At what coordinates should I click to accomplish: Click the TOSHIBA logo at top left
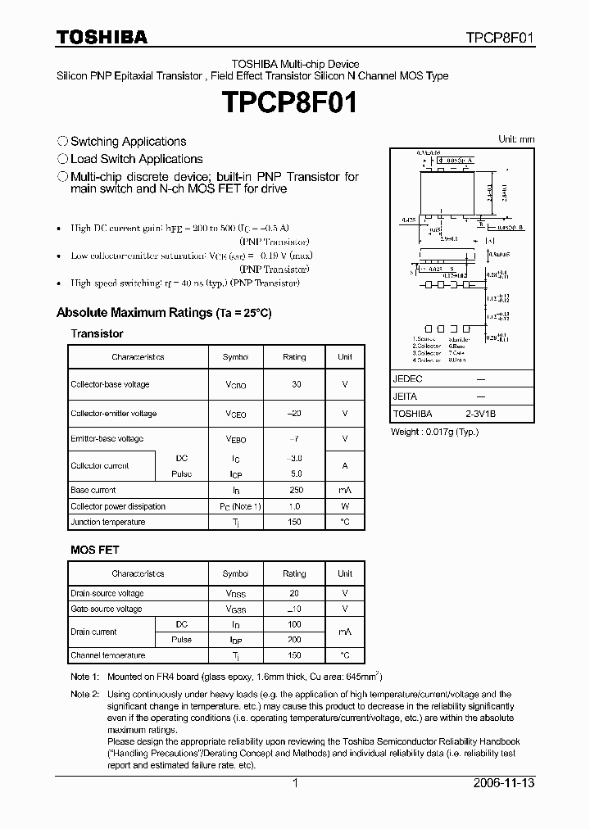[x=102, y=37]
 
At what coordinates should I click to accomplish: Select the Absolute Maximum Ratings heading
[x=164, y=313]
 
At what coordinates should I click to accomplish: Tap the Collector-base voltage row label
[x=110, y=384]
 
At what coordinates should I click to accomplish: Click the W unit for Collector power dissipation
[x=345, y=506]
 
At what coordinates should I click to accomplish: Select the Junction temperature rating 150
[x=294, y=522]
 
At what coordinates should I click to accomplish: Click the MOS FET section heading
[x=94, y=550]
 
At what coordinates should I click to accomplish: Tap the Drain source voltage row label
[x=107, y=593]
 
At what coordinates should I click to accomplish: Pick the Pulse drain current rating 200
[x=294, y=640]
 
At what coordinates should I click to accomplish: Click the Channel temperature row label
[x=107, y=655]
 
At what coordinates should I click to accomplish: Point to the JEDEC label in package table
[x=407, y=379]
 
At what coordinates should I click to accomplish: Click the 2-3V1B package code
[x=481, y=414]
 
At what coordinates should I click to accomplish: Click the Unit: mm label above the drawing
[x=516, y=139]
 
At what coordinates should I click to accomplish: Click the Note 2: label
[x=84, y=694]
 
